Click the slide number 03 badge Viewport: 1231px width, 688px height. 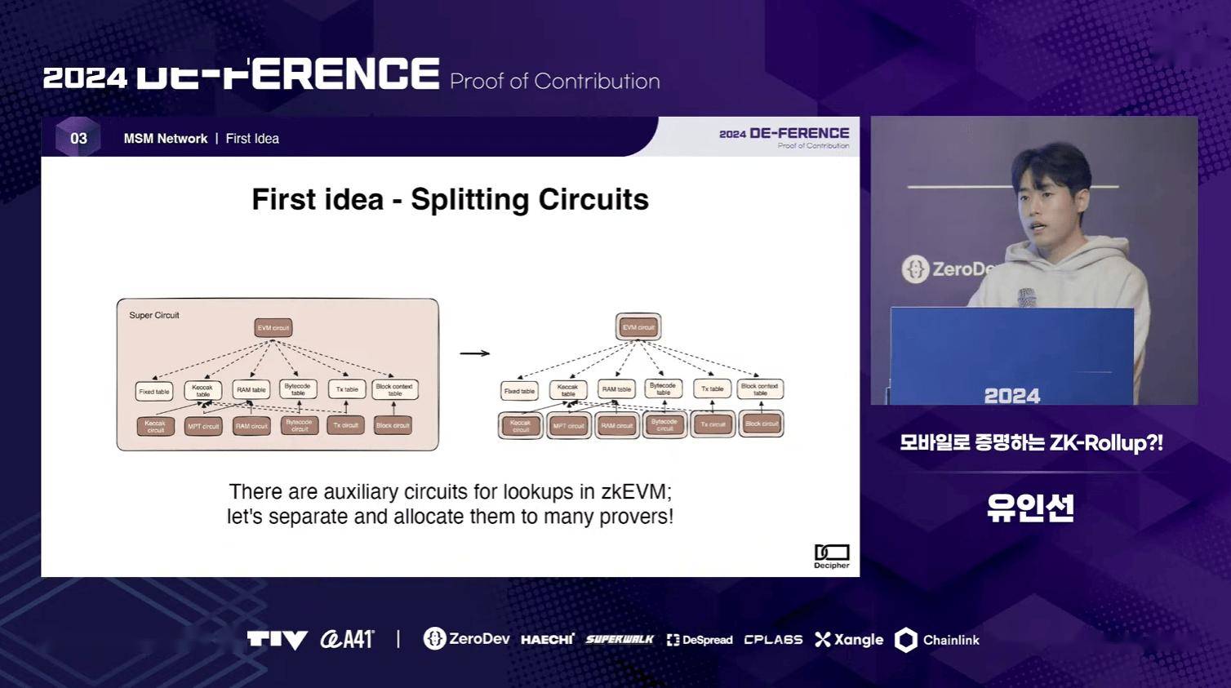[78, 138]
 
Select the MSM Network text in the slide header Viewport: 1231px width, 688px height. [166, 139]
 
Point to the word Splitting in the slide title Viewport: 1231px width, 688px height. [469, 200]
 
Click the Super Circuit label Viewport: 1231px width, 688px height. [154, 315]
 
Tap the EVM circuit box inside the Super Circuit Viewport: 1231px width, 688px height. [273, 328]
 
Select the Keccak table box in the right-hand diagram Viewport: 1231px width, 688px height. [568, 390]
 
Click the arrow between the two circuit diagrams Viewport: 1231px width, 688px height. [474, 353]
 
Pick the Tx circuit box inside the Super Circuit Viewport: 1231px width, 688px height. [346, 425]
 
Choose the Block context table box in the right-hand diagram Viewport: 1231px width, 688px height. [760, 389]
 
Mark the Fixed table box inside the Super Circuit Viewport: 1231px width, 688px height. [154, 391]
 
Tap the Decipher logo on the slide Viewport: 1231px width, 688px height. [831, 556]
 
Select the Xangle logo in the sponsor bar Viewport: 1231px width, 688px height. [849, 640]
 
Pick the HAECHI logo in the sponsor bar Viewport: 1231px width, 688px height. [547, 640]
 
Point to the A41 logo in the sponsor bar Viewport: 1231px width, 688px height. [347, 639]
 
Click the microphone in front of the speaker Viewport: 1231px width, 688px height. [1026, 297]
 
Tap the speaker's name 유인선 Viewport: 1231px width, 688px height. [1030, 508]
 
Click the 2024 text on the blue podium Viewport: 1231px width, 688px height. [1011, 396]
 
